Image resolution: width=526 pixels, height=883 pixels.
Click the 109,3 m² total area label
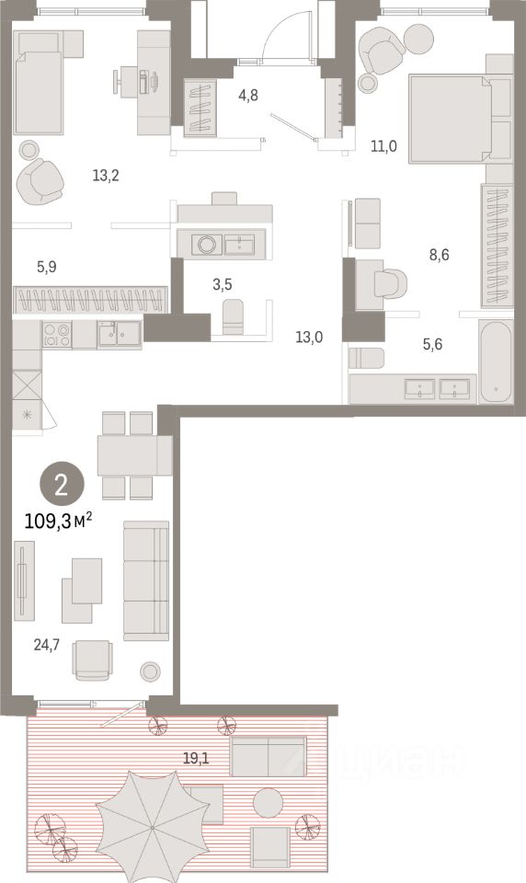58,522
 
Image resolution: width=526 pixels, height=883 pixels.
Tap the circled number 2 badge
62,485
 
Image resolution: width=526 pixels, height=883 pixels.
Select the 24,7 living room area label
46,645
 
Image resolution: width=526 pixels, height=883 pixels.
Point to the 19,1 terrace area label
196,759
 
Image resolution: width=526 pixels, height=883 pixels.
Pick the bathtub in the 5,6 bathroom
496,361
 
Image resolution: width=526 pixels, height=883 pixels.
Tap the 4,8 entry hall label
248,95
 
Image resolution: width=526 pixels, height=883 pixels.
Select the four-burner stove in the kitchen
57,335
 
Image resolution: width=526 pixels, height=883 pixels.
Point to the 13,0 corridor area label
309,338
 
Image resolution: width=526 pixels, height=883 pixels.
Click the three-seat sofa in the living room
146,580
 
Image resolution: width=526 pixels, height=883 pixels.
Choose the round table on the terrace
269,802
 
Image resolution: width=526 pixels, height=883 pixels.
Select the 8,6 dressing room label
440,255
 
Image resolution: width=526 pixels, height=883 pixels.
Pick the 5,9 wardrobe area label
47,267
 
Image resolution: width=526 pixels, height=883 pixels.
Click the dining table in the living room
134,455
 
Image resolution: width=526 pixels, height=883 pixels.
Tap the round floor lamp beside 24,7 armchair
150,671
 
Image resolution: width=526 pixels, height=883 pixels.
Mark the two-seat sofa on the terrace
269,756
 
